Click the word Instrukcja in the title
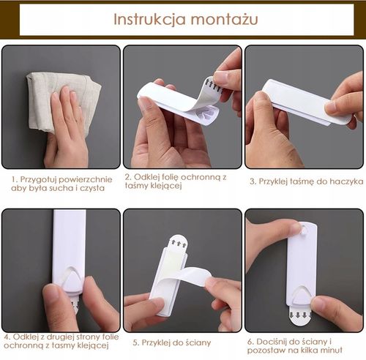tap(150, 19)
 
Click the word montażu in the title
tap(225, 20)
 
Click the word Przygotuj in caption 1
tap(38, 180)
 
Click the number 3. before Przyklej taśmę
tap(253, 181)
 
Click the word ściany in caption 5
tap(198, 342)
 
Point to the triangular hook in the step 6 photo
tap(302, 296)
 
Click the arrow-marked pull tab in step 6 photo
tap(300, 315)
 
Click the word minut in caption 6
tap(331, 350)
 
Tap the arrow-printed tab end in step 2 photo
tap(214, 86)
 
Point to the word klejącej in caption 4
tap(93, 346)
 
